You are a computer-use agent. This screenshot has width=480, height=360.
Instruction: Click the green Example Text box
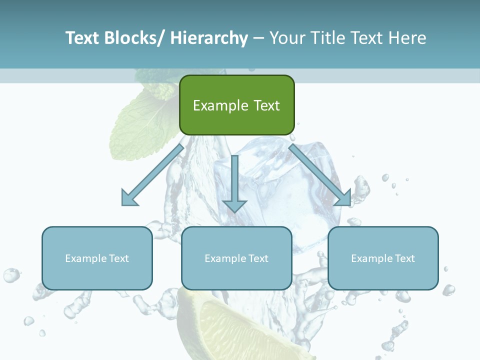click(x=236, y=105)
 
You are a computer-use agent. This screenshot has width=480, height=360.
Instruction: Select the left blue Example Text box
click(x=97, y=258)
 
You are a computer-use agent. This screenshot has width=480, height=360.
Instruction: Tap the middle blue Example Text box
click(x=236, y=258)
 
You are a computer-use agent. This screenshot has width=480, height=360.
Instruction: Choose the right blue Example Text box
click(x=383, y=258)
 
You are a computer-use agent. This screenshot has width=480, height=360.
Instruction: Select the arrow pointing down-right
click(x=320, y=175)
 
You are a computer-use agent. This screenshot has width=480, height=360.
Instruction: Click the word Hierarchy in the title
click(x=209, y=38)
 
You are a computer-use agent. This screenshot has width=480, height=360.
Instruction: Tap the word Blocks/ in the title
click(x=133, y=38)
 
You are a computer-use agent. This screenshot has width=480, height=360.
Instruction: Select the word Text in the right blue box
click(x=404, y=258)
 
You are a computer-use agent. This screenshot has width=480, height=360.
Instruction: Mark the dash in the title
click(x=258, y=38)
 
